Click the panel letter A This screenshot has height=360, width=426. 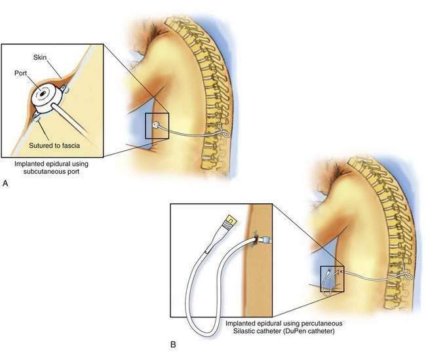[5, 185]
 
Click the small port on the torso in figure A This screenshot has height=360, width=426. [155, 123]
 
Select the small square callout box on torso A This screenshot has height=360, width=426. [157, 126]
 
